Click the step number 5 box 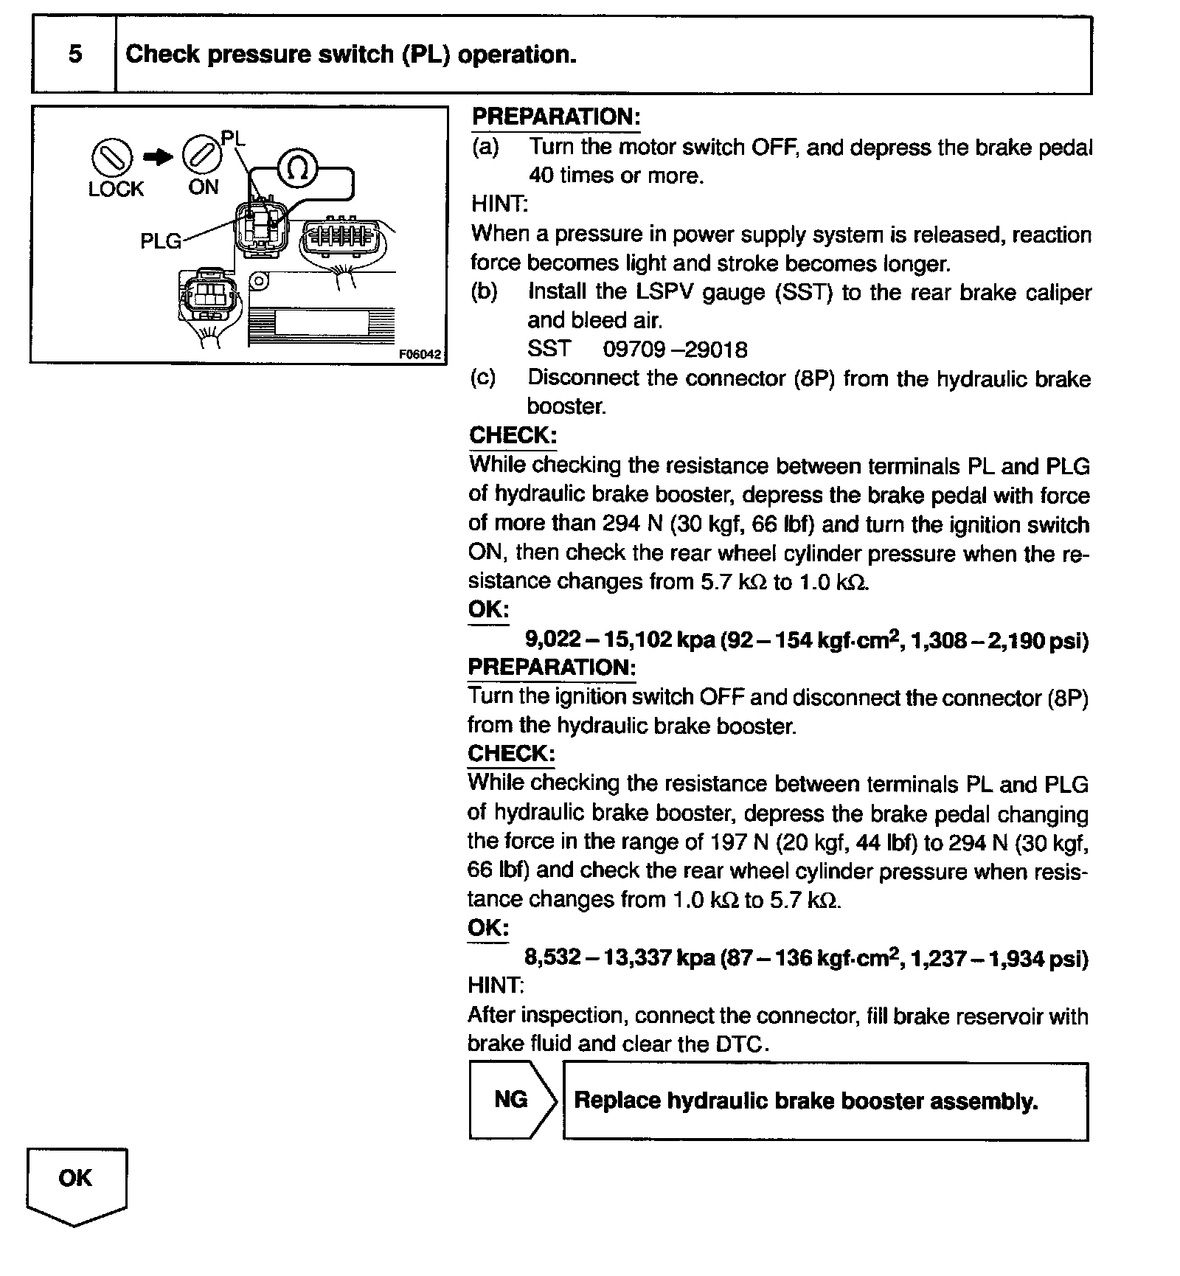[74, 55]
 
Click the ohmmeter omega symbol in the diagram [298, 169]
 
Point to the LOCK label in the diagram [116, 190]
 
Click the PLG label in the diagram [161, 241]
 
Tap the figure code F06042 [420, 354]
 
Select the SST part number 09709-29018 [675, 349]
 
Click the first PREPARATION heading [556, 117]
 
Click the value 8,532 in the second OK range [552, 958]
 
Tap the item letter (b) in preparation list [484, 292]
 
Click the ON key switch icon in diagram [201, 155]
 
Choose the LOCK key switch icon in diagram [112, 157]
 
